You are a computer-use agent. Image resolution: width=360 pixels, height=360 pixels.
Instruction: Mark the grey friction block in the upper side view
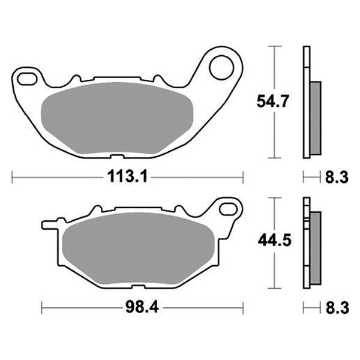[x=316, y=118]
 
